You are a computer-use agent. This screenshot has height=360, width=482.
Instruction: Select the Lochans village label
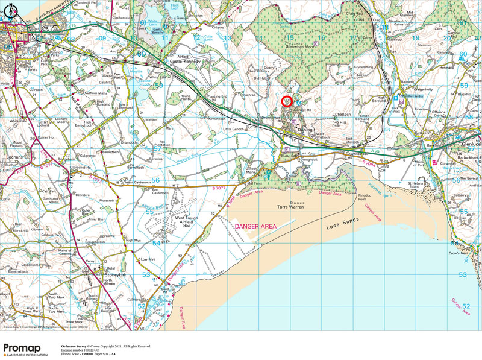click(x=12, y=156)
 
